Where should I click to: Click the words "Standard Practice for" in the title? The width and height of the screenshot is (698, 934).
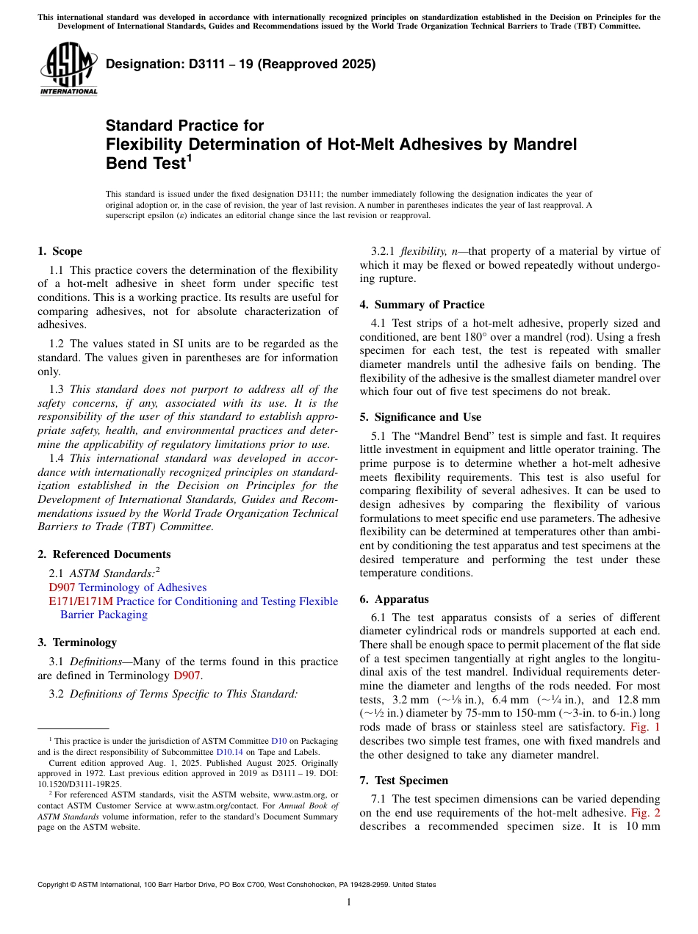click(184, 126)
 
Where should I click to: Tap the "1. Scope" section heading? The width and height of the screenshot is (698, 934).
click(60, 251)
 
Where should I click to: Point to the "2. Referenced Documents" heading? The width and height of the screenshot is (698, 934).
click(104, 554)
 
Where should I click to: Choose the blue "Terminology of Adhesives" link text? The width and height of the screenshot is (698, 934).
click(143, 587)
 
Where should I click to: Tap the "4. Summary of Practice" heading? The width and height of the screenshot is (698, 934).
click(422, 305)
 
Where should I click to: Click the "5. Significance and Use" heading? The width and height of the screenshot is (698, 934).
click(420, 417)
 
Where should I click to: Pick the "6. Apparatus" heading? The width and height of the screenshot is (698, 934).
click(394, 599)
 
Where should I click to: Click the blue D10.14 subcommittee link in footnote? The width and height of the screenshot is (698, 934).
click(229, 752)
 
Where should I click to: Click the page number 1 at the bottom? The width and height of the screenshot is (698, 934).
click(349, 902)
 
